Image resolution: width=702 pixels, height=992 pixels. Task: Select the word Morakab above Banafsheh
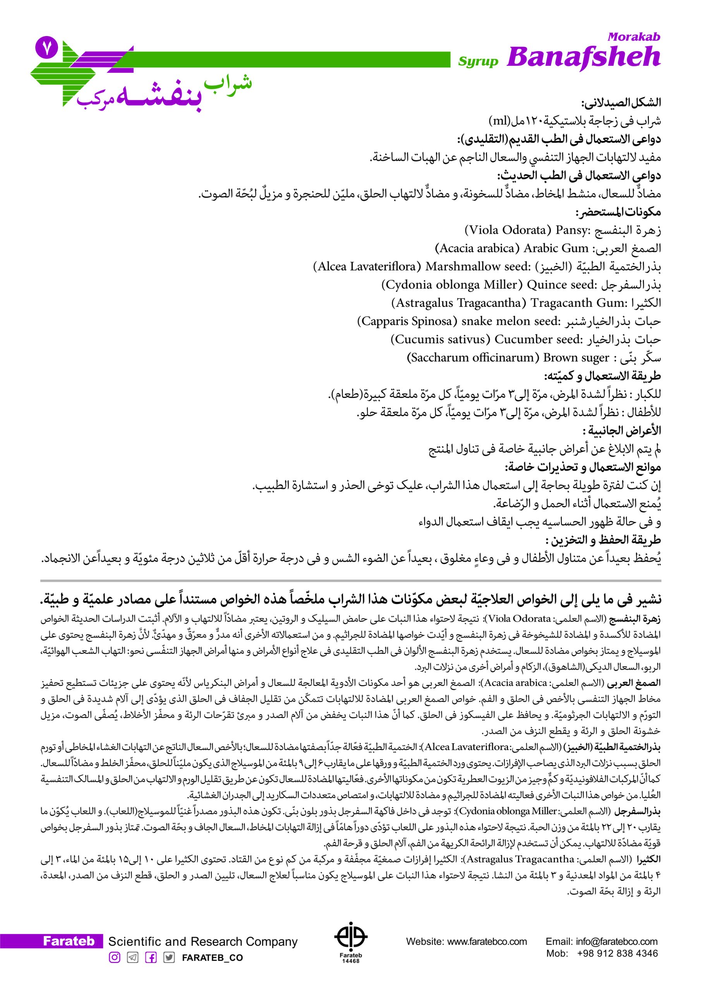[x=634, y=37]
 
